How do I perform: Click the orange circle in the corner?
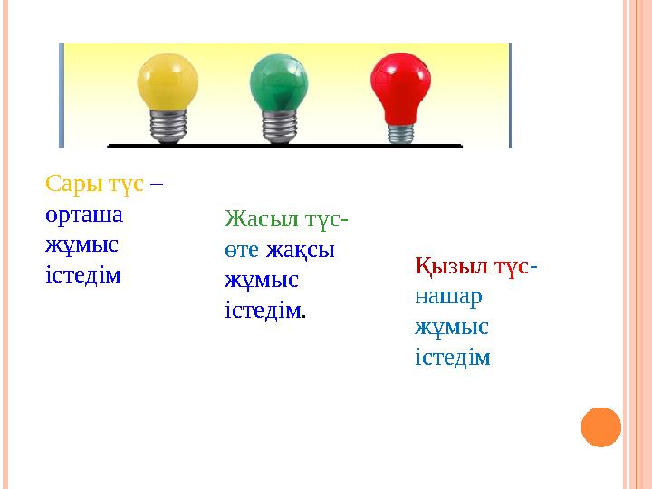pyautogui.click(x=600, y=427)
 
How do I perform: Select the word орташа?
pyautogui.click(x=85, y=216)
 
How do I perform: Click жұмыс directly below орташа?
pyautogui.click(x=81, y=244)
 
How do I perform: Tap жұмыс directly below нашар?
pyautogui.click(x=452, y=326)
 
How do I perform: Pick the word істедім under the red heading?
pyautogui.click(x=453, y=357)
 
